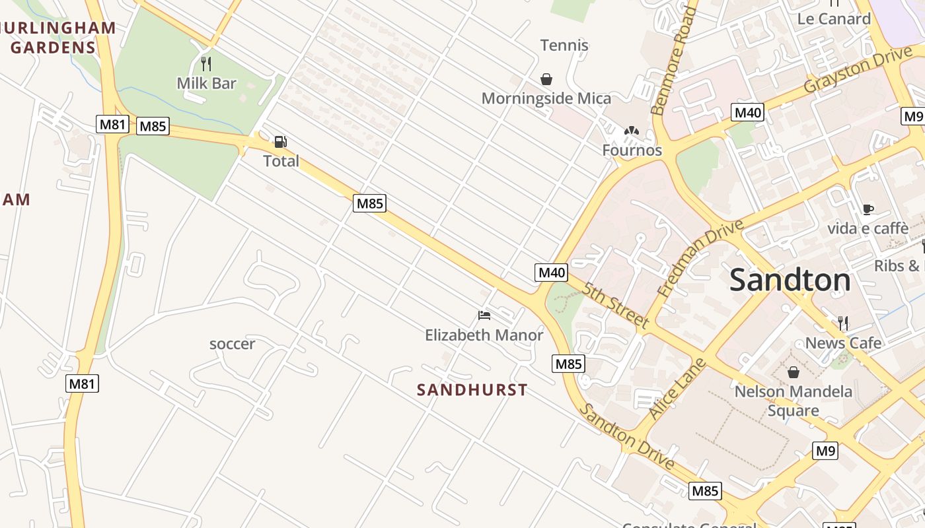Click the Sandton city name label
click(790, 280)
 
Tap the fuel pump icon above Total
click(281, 142)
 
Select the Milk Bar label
click(206, 83)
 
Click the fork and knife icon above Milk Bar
click(206, 63)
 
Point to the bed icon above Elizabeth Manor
click(484, 315)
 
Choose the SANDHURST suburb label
click(472, 390)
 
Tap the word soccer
click(232, 344)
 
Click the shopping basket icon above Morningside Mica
click(546, 79)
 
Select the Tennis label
click(564, 46)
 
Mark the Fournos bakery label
click(632, 150)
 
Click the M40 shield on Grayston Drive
click(748, 112)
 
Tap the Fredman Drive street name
click(701, 257)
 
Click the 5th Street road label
click(615, 304)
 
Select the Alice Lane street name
click(677, 389)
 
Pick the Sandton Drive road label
click(627, 436)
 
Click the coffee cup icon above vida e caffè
click(868, 209)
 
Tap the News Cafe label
click(843, 343)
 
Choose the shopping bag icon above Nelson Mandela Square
click(794, 372)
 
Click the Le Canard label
click(834, 18)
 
